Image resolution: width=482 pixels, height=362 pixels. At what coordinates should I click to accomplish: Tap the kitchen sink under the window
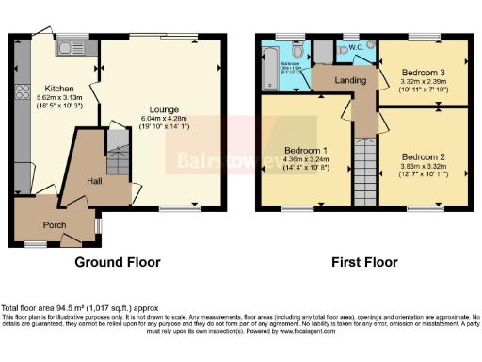(70, 45)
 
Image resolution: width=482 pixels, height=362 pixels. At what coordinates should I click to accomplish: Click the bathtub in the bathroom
(263, 66)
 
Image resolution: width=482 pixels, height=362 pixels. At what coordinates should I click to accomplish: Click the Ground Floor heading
(117, 262)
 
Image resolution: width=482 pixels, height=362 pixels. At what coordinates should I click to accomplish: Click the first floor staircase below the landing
(363, 170)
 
